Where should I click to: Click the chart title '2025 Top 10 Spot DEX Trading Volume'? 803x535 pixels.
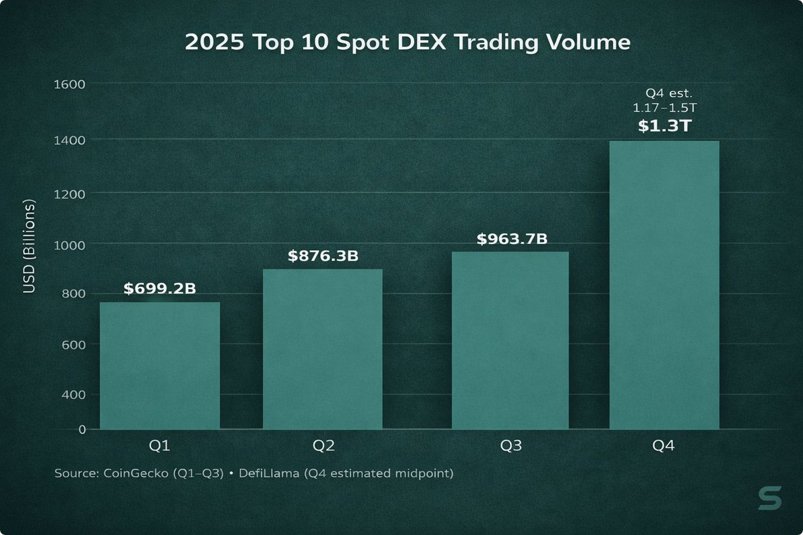[407, 43]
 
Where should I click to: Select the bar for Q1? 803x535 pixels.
[159, 365]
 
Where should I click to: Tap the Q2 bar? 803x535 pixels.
[322, 348]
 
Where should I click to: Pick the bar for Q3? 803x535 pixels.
[510, 340]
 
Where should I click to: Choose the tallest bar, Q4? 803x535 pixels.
[664, 284]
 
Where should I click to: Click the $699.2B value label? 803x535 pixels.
[159, 289]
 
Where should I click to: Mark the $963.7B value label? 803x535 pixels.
[512, 239]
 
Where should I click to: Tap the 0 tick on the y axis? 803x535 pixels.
[82, 429]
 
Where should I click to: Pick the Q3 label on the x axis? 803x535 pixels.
[510, 446]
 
